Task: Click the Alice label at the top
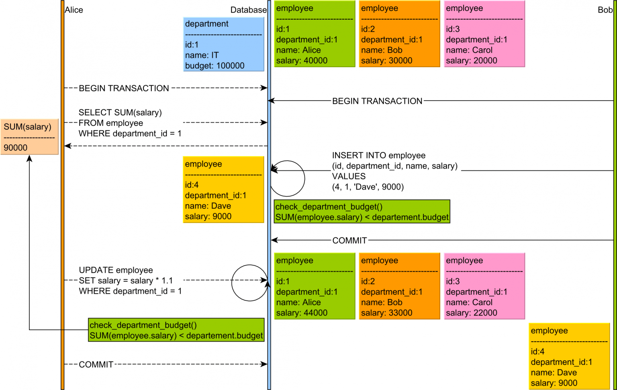[x=74, y=10]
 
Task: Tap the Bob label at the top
[x=605, y=10]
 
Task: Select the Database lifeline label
[x=248, y=10]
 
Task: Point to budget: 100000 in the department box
[x=215, y=66]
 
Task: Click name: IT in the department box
[x=202, y=55]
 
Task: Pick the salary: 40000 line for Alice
[x=302, y=61]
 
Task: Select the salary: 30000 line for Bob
[x=386, y=61]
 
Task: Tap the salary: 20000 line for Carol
[x=471, y=61]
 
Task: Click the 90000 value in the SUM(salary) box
[x=16, y=148]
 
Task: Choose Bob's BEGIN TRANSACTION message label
[x=377, y=101]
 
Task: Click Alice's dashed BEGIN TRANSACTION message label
[x=124, y=88]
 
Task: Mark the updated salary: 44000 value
[x=302, y=313]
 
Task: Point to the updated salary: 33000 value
[x=386, y=313]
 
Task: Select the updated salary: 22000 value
[x=471, y=313]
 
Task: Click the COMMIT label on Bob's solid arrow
[x=349, y=240]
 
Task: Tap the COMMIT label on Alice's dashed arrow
[x=96, y=365]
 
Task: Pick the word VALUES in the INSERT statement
[x=349, y=176]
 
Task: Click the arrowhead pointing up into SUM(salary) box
[x=29, y=159]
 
